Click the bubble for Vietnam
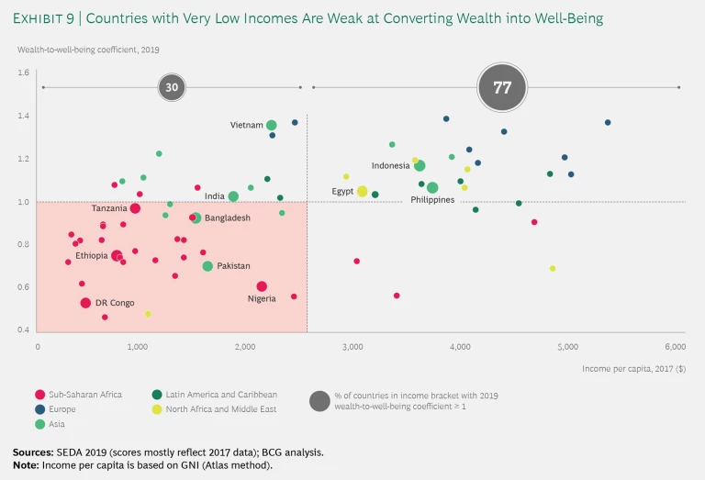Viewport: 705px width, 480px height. pyautogui.click(x=272, y=125)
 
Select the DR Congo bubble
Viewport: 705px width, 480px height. pyautogui.click(x=85, y=303)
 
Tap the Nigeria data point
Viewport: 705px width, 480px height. pyautogui.click(x=262, y=286)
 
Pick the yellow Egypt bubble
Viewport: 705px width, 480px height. pyautogui.click(x=363, y=191)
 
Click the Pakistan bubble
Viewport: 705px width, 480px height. pyautogui.click(x=207, y=266)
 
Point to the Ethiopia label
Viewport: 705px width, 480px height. pyautogui.click(x=92, y=256)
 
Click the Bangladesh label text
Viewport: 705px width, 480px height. pyautogui.click(x=228, y=218)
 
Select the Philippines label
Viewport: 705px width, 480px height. pyautogui.click(x=432, y=199)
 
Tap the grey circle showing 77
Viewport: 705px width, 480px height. pyautogui.click(x=501, y=88)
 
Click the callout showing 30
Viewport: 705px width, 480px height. pyautogui.click(x=171, y=88)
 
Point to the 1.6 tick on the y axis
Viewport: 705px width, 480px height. pyautogui.click(x=24, y=73)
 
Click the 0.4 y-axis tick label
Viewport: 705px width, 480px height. pyautogui.click(x=24, y=330)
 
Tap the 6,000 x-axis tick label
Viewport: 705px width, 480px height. pyautogui.click(x=674, y=347)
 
